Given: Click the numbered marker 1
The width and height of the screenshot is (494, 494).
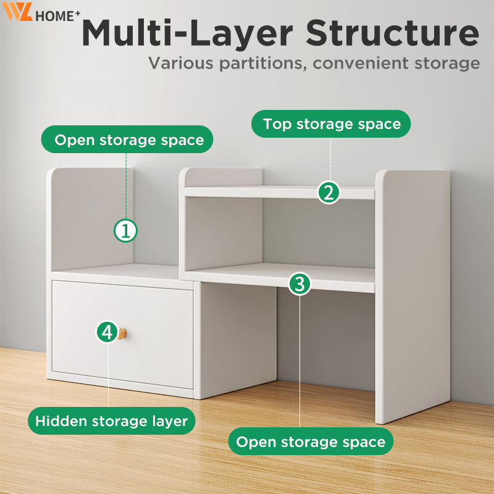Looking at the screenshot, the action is (x=125, y=230).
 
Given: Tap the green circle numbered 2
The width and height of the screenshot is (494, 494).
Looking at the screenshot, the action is (x=329, y=193).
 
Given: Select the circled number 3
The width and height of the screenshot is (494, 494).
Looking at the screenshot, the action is (x=299, y=283).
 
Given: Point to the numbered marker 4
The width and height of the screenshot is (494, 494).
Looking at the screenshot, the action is (x=107, y=332).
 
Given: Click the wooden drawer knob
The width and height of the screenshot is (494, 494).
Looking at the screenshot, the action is (x=122, y=333).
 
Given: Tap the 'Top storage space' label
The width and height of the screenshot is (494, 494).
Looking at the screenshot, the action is (x=331, y=124).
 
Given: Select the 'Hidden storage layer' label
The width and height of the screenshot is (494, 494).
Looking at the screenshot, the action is (x=112, y=421).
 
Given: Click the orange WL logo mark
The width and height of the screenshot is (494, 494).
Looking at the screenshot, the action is (x=18, y=12).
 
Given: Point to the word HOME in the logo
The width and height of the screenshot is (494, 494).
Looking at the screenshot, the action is (x=55, y=17).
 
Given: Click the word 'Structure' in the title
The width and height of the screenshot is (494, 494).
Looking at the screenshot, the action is (x=393, y=33).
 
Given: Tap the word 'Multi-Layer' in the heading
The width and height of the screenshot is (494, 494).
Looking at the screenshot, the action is (x=188, y=33).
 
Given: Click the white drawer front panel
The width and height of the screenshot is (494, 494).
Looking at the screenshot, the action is (x=122, y=335).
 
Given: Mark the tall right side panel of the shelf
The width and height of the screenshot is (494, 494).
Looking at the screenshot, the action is (x=412, y=296).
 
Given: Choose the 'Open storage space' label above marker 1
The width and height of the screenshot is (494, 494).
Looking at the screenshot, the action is (x=127, y=140).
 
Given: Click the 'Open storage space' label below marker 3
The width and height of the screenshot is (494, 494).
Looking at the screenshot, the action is (x=311, y=441).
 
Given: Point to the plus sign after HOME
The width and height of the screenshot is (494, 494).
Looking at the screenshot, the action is (x=78, y=13).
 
